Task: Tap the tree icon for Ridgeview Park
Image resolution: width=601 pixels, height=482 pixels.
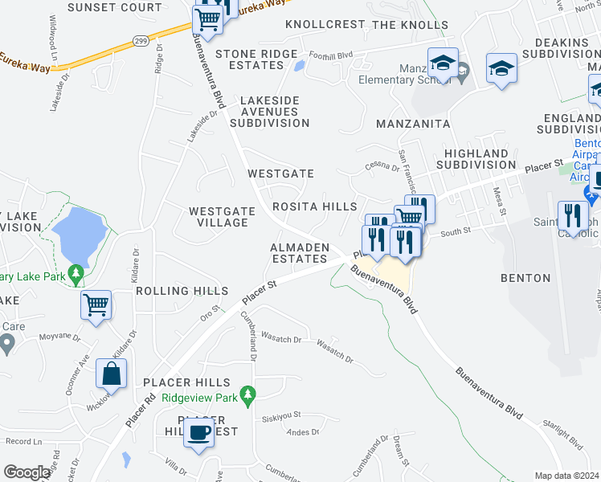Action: click(x=249, y=394)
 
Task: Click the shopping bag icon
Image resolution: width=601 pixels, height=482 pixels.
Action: click(x=111, y=374)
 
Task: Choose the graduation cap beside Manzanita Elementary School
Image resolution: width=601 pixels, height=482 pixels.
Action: click(x=441, y=63)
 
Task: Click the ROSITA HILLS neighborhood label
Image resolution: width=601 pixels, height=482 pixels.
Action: click(x=314, y=207)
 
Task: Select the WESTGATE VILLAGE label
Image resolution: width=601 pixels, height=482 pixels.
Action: click(x=222, y=217)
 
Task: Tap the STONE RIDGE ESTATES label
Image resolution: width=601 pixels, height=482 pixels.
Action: click(x=256, y=59)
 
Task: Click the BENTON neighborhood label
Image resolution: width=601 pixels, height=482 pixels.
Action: click(x=525, y=278)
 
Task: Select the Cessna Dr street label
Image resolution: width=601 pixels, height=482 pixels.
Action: click(x=382, y=167)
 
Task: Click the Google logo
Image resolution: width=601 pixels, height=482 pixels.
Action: click(x=27, y=472)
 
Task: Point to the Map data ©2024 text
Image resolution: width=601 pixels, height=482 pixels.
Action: click(x=566, y=476)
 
